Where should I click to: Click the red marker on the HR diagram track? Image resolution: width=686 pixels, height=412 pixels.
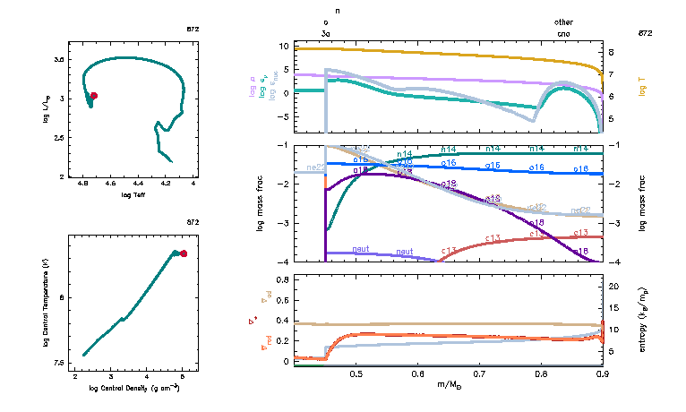(94, 96)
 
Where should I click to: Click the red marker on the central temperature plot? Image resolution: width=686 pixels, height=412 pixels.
(184, 253)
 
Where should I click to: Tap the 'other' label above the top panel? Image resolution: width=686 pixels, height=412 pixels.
(563, 21)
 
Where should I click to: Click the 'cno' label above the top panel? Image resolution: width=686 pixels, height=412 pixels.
(563, 32)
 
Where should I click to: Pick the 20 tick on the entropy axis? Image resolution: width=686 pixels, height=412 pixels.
(614, 287)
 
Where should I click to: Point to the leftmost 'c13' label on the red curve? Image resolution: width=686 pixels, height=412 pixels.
(450, 251)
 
